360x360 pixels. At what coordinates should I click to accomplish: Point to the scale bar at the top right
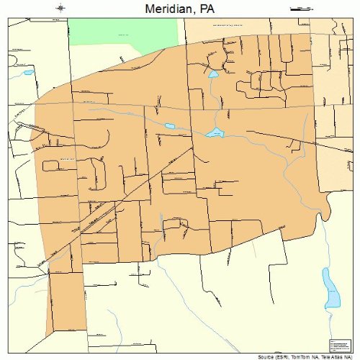tap(298, 9)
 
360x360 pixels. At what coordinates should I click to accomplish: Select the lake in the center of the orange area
tap(215, 132)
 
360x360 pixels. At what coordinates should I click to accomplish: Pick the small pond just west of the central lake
tap(170, 126)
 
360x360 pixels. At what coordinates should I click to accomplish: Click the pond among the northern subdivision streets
tap(213, 73)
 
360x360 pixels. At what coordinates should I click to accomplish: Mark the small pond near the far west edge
tap(27, 73)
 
